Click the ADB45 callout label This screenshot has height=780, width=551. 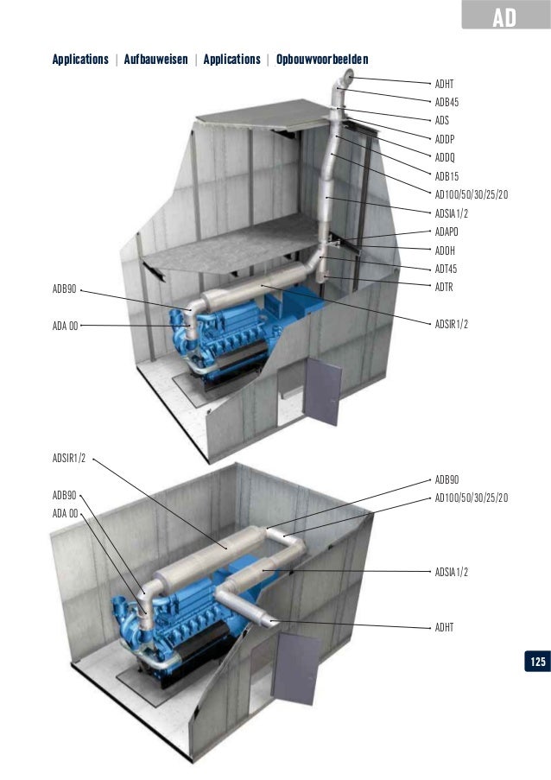coord(446,102)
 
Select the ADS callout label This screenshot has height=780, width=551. coord(442,121)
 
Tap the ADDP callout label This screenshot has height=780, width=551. coord(445,139)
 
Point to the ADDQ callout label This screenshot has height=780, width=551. coord(445,157)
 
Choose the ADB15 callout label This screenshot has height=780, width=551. coord(446,176)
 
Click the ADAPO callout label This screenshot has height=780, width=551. coord(446,231)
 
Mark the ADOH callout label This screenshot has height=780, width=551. coord(445,250)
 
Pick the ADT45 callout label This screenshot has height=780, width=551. coord(446,269)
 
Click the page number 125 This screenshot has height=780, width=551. coord(536,662)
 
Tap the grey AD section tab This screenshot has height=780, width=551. coord(504,16)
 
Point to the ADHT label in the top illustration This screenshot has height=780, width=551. coord(445,84)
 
